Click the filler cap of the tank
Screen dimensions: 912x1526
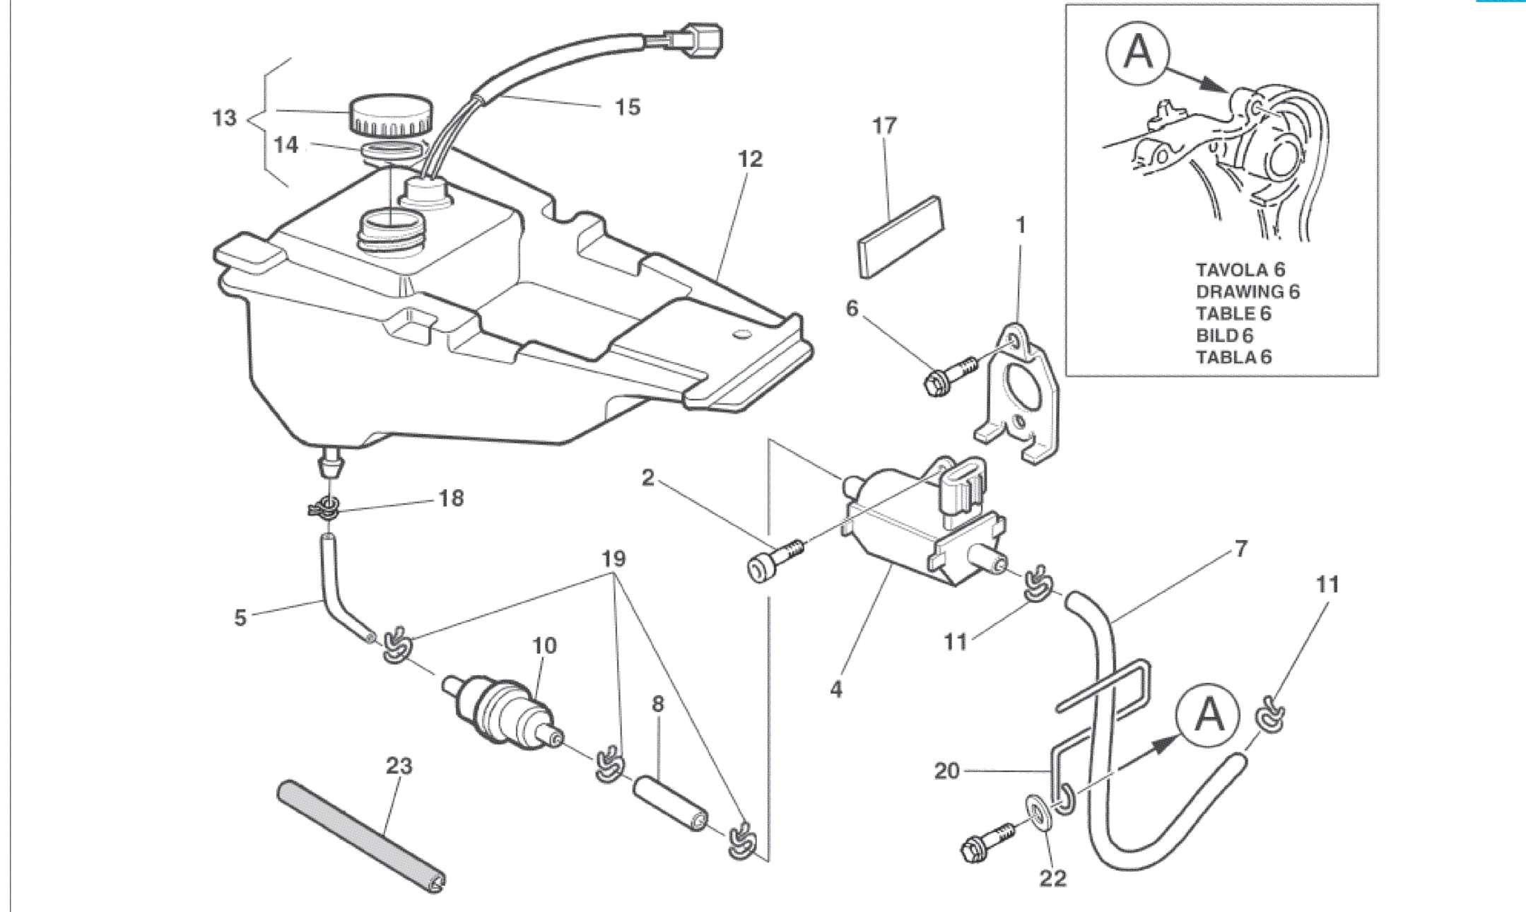click(x=391, y=115)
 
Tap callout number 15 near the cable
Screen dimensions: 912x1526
click(x=627, y=107)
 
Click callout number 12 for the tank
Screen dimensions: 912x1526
click(x=750, y=159)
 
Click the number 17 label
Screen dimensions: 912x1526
click(x=884, y=127)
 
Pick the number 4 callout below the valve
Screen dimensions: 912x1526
click(x=836, y=689)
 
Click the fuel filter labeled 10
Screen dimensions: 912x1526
click(x=505, y=711)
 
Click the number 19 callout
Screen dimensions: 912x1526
click(x=614, y=559)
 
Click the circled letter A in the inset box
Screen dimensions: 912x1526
click(x=1137, y=50)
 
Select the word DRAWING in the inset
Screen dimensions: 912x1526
click(x=1240, y=292)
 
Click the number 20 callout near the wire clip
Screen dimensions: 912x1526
click(x=946, y=771)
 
